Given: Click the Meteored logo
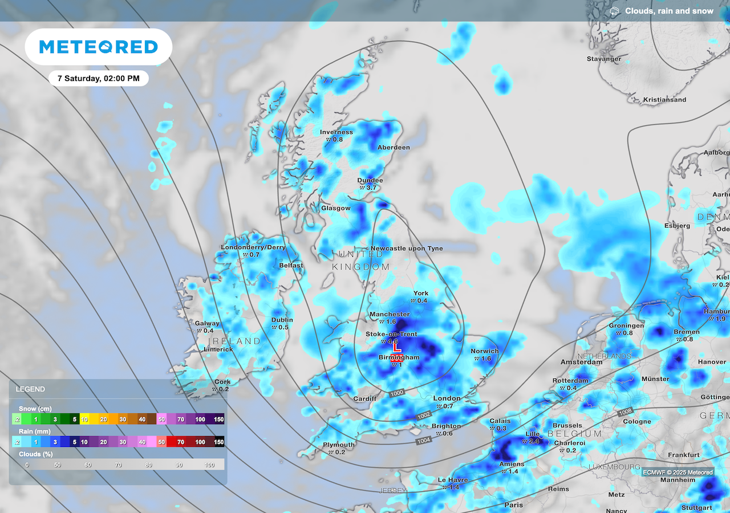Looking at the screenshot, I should point(98,47).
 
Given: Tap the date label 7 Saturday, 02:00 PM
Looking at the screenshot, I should point(99,78).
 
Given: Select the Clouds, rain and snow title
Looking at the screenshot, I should point(668,11).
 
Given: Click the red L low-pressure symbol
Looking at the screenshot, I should point(398,347).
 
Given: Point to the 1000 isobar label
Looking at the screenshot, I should point(398,393).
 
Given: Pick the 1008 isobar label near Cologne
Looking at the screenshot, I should point(626,411).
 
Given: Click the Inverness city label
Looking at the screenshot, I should point(336,132).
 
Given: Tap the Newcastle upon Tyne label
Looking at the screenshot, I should point(407,249).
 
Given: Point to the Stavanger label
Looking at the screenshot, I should point(604,59).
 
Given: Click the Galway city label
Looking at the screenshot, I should point(207,323).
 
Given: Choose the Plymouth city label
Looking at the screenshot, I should point(339,445).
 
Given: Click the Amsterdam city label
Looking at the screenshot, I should point(581,362).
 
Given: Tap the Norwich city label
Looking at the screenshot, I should point(485,351).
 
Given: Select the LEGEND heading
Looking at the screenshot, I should point(30,389).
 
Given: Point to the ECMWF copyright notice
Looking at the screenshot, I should point(678,472).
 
